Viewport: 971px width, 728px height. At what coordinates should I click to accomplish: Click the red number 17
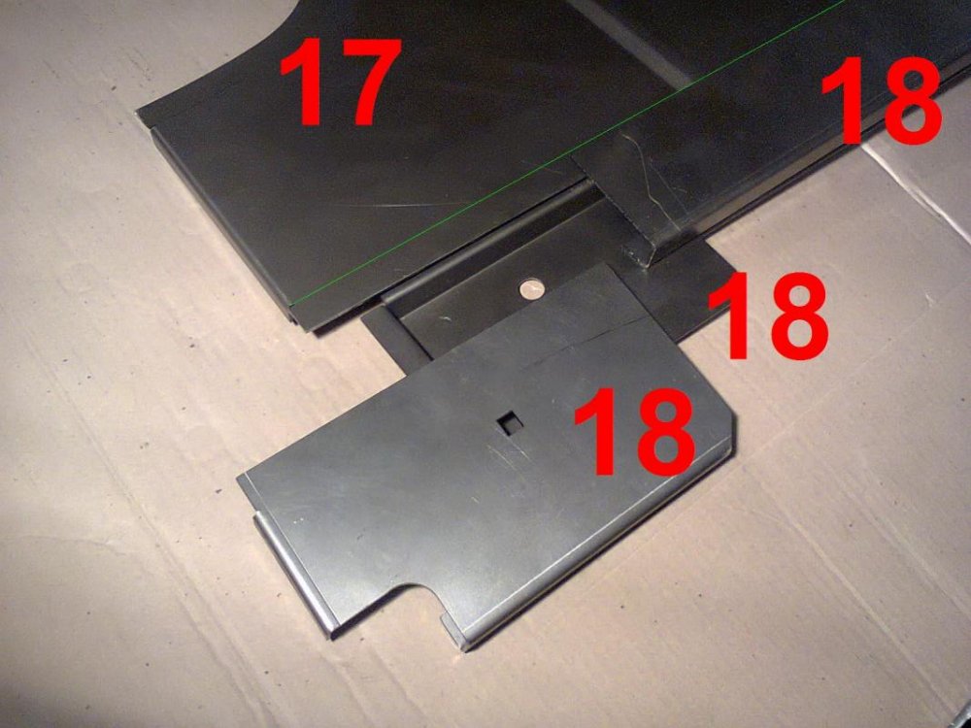340,82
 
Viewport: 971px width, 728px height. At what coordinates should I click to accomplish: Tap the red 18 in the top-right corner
882,101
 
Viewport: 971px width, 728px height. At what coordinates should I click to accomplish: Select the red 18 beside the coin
768,315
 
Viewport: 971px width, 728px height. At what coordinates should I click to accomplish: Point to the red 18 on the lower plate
634,432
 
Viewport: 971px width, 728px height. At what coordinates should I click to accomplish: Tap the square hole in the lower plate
512,423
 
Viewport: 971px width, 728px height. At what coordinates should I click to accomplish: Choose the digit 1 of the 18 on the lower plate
599,432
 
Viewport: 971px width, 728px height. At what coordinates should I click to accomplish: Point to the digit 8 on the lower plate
662,432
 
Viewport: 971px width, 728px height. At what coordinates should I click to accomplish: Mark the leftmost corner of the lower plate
239,478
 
